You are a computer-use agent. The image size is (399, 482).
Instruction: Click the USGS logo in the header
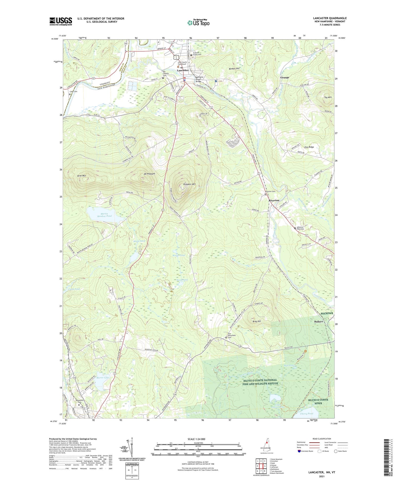[61, 21]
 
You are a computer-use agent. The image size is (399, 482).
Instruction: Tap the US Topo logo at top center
[198, 23]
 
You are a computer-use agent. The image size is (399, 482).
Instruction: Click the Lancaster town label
[183, 70]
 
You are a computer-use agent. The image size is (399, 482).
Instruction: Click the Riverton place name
[274, 200]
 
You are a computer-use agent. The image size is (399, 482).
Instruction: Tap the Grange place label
[285, 77]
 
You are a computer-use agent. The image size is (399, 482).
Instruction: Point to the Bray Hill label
[257, 321]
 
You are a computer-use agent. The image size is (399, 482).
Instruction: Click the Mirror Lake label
[103, 378]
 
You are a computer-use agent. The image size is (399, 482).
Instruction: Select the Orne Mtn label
[81, 176]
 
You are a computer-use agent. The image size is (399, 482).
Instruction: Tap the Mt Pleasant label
[149, 174]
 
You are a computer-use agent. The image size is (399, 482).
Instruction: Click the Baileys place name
[318, 321]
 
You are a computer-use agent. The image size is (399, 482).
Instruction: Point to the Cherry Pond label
[306, 414]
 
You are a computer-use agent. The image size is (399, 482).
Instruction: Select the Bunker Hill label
[234, 69]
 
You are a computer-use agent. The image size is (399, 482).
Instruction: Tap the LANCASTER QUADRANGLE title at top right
[330, 18]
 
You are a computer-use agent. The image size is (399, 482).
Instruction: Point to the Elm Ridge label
[309, 147]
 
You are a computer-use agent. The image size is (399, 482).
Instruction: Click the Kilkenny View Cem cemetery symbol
[295, 228]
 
